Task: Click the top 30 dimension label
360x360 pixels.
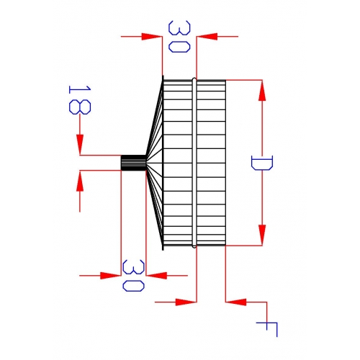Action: pyautogui.click(x=179, y=37)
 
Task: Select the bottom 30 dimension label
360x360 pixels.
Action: pyautogui.click(x=133, y=276)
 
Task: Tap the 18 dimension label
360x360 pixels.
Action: pyautogui.click(x=80, y=100)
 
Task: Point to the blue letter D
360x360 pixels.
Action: pyautogui.click(x=262, y=163)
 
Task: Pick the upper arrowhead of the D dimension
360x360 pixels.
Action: pyautogui.click(x=262, y=91)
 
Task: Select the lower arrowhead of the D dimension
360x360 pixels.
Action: pyautogui.click(x=262, y=235)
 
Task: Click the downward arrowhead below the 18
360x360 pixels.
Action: pyautogui.click(x=80, y=145)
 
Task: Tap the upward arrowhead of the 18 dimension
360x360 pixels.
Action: pyautogui.click(x=80, y=181)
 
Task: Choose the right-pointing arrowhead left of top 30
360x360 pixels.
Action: pyautogui.click(x=152, y=37)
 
